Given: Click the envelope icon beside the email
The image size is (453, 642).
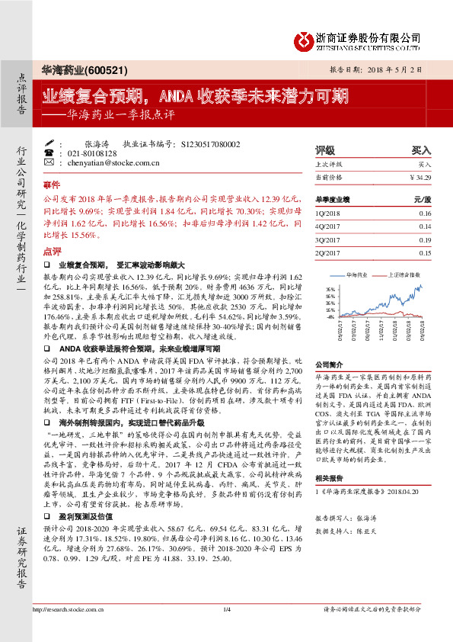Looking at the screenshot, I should tap(49, 162).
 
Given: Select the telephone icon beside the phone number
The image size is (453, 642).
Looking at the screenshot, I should tap(49, 152).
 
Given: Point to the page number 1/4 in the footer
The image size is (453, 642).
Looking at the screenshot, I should tap(226, 631).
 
